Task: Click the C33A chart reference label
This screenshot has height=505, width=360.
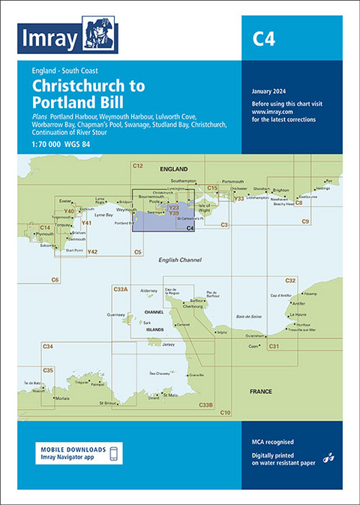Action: [x=120, y=289]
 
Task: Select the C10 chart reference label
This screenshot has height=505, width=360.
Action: [x=225, y=413]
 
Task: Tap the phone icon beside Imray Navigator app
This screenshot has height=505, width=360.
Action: [x=113, y=453]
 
